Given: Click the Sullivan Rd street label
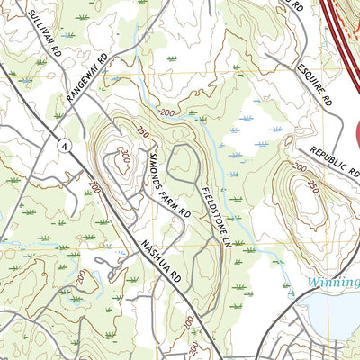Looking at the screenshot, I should click(42, 28).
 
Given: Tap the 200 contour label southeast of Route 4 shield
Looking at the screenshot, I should click(94, 187).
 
